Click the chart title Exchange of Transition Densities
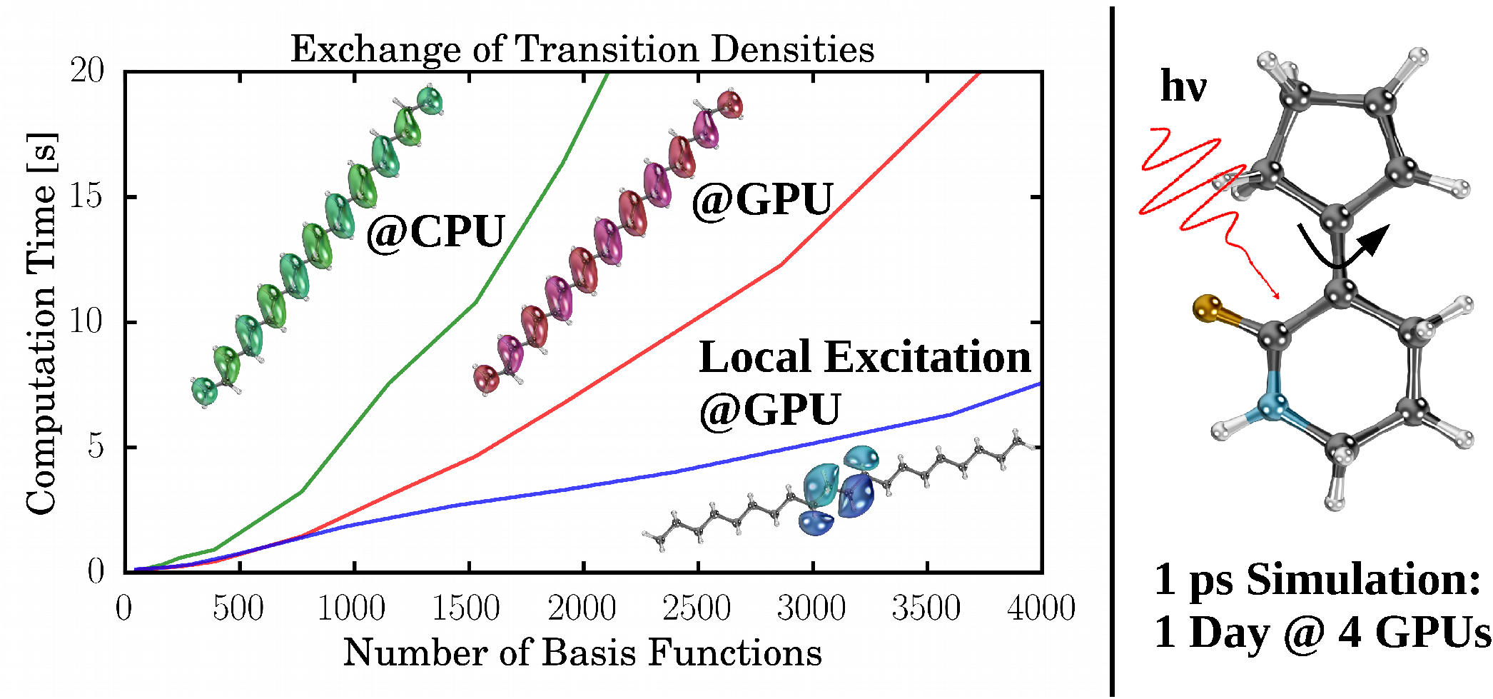point(582,50)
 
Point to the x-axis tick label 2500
point(697,608)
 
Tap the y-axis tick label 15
point(86,196)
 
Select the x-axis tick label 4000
point(1041,608)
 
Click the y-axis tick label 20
point(86,71)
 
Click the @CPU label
point(435,232)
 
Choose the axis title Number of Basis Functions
point(582,653)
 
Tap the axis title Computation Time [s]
point(41,323)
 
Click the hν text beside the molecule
point(1183,87)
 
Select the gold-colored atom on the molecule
point(1207,308)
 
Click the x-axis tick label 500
point(238,608)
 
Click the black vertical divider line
point(1112,350)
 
